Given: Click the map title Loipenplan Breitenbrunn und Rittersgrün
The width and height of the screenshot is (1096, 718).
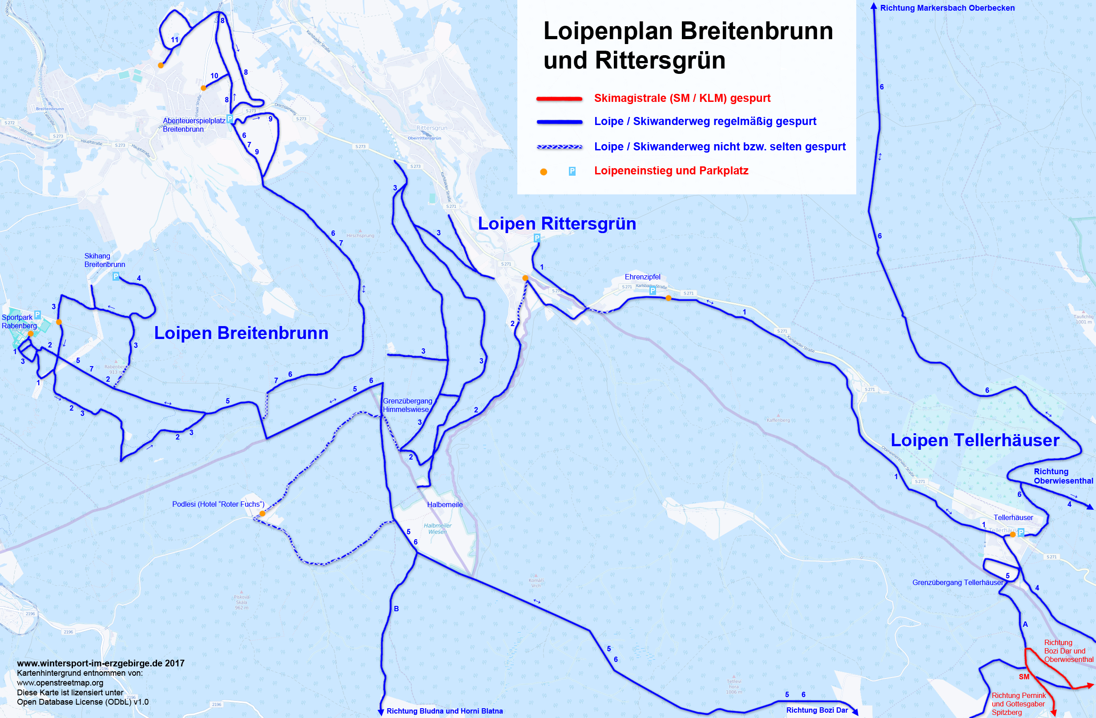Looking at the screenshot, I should [688, 45].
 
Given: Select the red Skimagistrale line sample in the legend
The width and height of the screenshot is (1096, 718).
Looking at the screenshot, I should [559, 99].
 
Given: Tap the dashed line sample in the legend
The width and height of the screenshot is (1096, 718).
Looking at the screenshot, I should [559, 147].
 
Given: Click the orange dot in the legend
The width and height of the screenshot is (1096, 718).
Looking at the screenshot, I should [544, 172].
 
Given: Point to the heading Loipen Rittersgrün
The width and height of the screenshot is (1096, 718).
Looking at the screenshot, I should [556, 224].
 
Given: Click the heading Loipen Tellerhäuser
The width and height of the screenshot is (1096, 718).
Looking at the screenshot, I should [975, 440].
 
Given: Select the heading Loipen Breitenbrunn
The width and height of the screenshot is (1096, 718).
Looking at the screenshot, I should [241, 333].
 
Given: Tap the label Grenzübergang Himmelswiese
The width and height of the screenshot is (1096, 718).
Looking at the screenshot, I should [407, 405].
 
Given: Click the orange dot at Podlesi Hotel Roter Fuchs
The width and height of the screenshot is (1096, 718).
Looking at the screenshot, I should [262, 513].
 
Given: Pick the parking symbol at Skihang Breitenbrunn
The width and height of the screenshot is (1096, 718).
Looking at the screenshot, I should [116, 276].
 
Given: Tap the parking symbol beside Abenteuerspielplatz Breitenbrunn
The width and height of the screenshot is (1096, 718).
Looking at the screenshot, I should [230, 119].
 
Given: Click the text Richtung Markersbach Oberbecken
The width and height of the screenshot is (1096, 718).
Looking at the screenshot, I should [947, 8].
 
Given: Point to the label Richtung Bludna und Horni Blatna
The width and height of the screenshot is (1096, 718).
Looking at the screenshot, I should [444, 711].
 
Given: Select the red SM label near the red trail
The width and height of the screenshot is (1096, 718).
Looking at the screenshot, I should [1023, 677].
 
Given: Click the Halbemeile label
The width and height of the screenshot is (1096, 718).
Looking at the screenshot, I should [444, 505].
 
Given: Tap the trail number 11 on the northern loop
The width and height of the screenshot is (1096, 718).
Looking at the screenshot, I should [174, 40].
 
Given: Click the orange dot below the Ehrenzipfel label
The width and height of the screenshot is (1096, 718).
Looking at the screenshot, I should [668, 298].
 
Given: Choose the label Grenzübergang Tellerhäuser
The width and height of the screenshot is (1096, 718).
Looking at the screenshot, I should [957, 583].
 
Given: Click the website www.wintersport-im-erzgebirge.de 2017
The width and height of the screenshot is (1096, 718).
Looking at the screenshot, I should [101, 663].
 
